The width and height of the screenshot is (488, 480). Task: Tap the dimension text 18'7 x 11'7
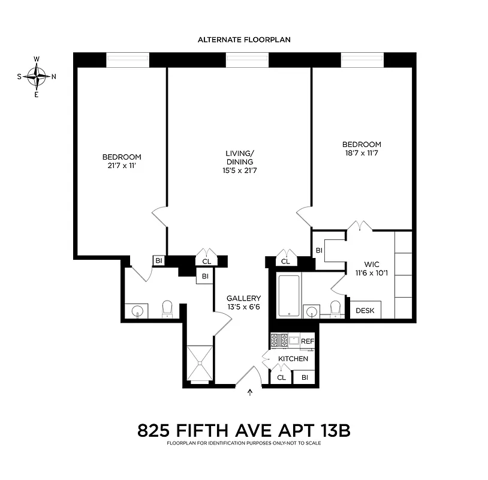click(x=362, y=153)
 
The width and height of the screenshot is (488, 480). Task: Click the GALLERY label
click(x=243, y=298)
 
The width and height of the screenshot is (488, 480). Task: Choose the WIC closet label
click(x=372, y=265)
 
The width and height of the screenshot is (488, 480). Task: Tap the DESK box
click(x=365, y=310)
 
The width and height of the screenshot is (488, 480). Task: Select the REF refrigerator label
click(x=307, y=341)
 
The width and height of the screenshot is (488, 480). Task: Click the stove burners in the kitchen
click(x=280, y=340)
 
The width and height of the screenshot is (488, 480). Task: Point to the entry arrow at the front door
click(x=251, y=393)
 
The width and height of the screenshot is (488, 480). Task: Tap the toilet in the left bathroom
click(x=167, y=308)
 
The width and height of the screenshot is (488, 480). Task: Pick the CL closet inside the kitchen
click(x=281, y=377)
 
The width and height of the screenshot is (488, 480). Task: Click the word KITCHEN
click(x=293, y=359)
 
